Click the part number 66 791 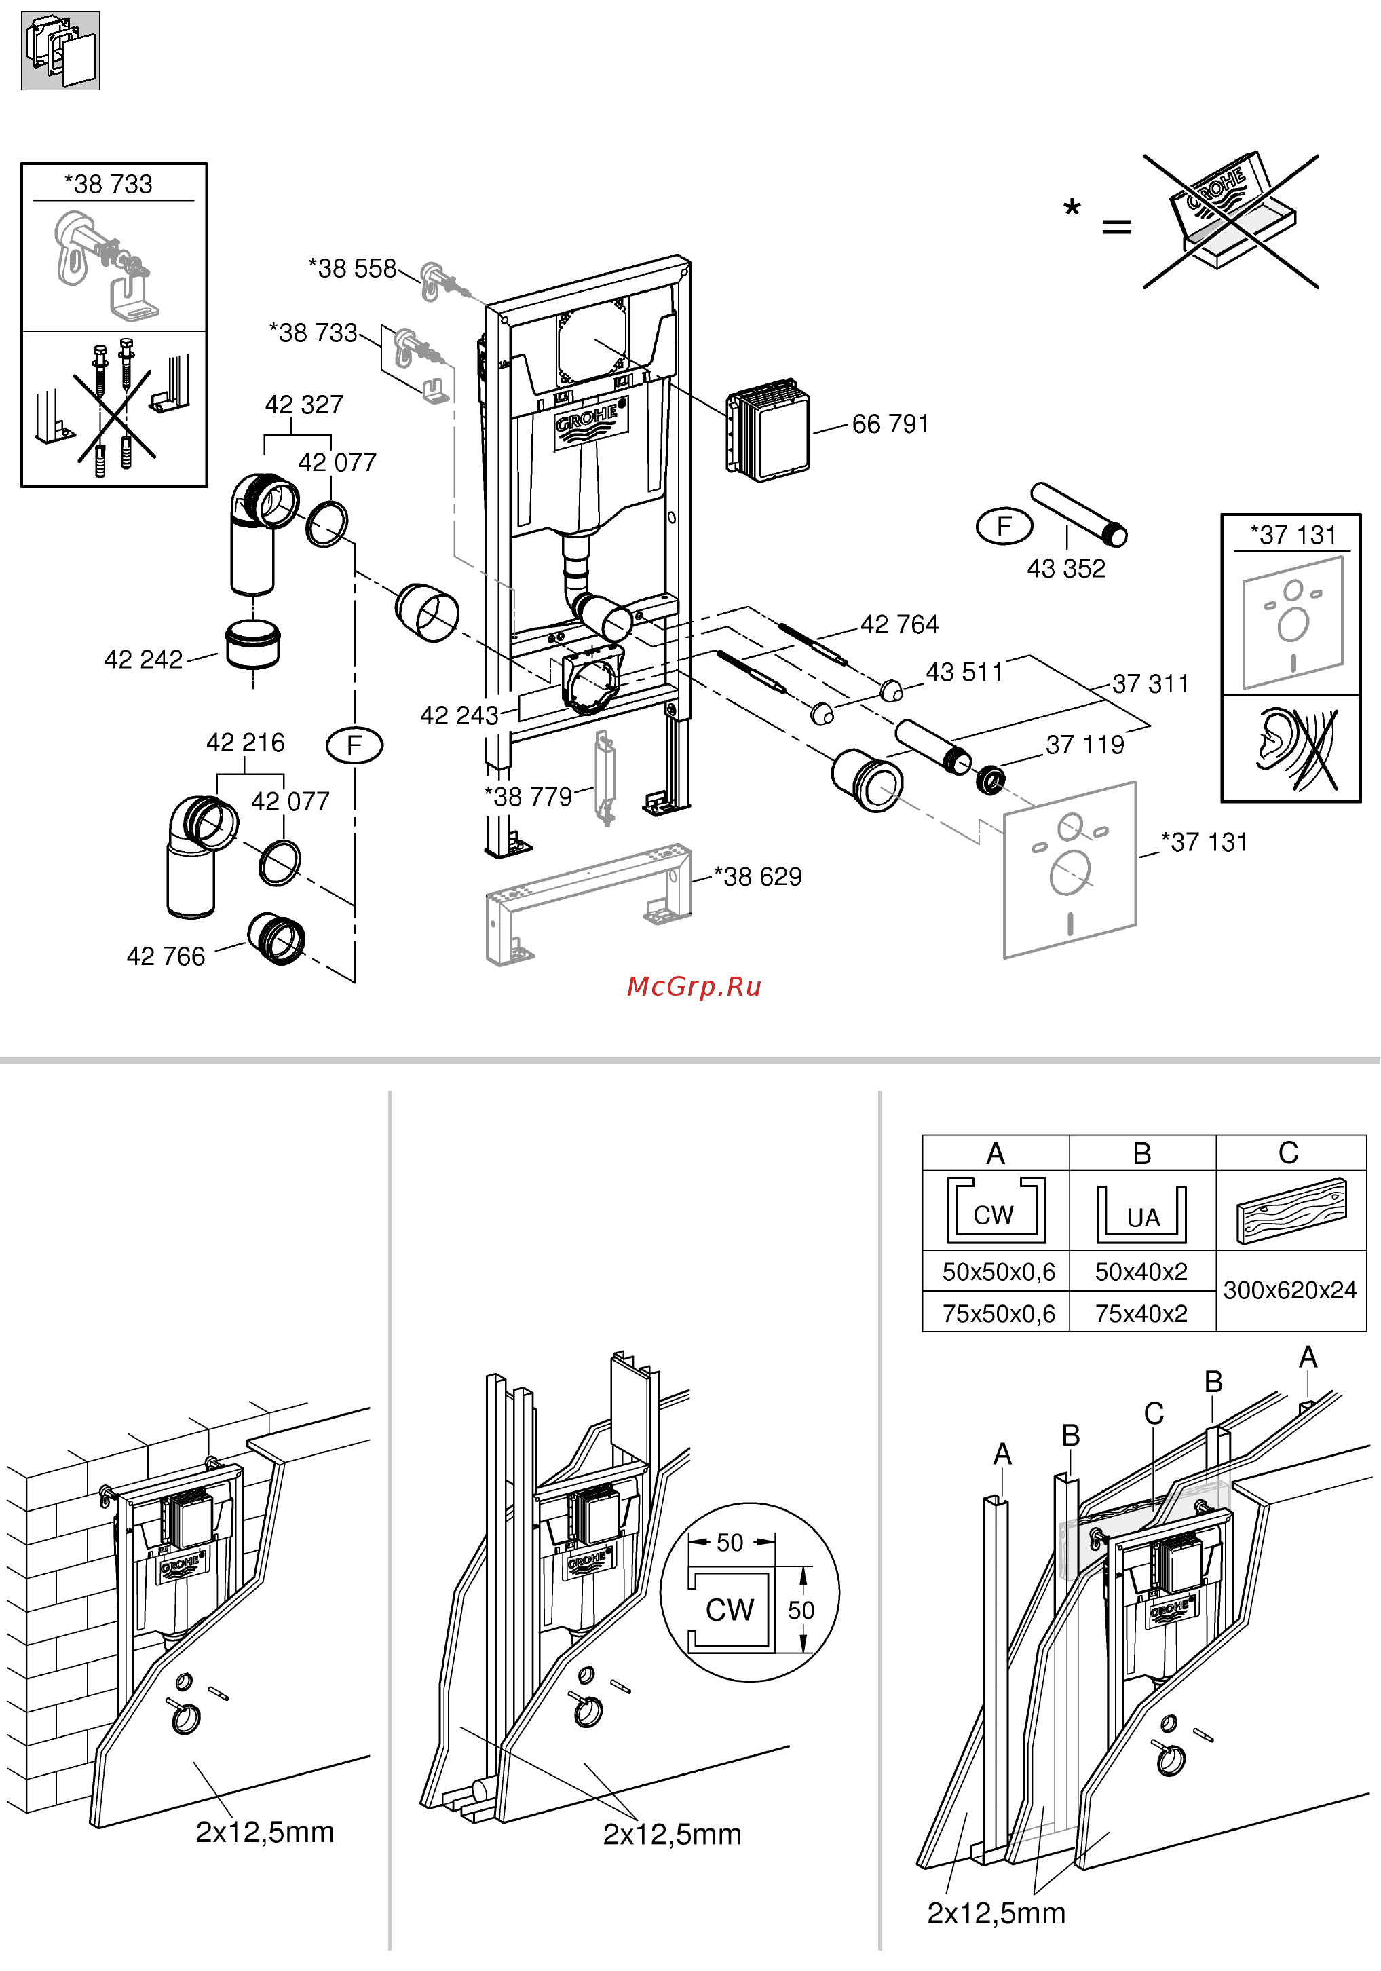(x=890, y=424)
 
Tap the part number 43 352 (x=1066, y=568)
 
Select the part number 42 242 (x=143, y=659)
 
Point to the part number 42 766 (x=166, y=956)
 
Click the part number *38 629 (x=758, y=876)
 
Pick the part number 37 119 (x=1085, y=745)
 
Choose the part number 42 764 (x=899, y=624)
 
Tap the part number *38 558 (x=353, y=269)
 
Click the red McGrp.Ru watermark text (x=694, y=986)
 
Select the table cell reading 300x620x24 (x=1290, y=1290)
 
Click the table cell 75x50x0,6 (x=999, y=1313)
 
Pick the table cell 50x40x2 (x=1141, y=1271)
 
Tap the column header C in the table (x=1288, y=1153)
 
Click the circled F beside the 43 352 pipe (x=1004, y=525)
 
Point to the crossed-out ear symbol (x=1296, y=749)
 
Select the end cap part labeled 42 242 (x=253, y=645)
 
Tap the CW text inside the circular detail (x=730, y=1610)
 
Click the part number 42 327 (x=304, y=405)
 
